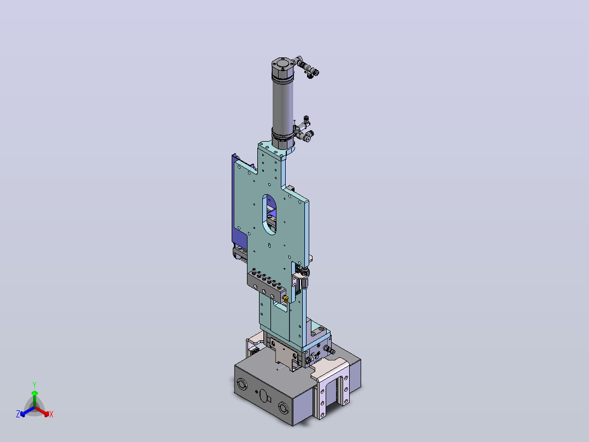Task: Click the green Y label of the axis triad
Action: coord(34,385)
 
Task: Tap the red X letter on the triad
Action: coord(51,414)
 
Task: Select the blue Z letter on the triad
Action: coord(18,414)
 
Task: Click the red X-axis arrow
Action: coord(42,411)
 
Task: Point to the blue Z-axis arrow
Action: coord(27,411)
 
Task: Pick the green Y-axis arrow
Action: coord(34,399)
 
